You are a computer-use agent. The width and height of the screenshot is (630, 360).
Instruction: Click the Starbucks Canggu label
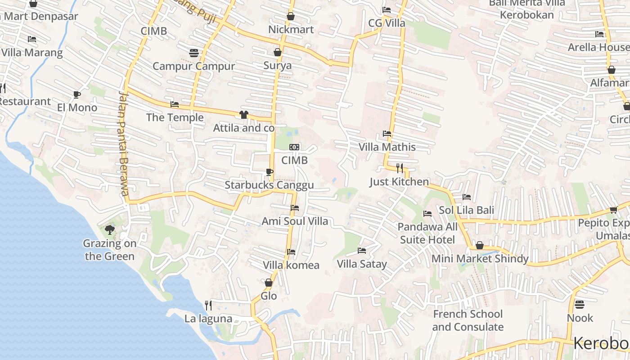[269, 185]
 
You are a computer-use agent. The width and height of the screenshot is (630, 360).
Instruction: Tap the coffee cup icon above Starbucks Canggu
[269, 171]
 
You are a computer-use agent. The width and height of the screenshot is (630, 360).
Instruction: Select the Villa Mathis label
[387, 147]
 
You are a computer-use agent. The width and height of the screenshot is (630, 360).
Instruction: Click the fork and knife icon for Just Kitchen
[400, 168]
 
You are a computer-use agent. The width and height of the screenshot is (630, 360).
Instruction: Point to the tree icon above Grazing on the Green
[109, 230]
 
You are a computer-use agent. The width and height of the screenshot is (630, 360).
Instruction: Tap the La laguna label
[208, 319]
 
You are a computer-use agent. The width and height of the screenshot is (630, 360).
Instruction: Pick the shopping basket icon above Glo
[269, 283]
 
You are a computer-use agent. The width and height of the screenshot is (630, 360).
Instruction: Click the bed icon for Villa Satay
[362, 250]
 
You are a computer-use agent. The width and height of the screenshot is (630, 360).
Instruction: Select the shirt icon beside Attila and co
[244, 114]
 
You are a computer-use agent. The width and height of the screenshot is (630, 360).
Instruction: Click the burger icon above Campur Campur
[194, 53]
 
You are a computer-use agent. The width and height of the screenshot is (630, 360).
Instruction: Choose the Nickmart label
[291, 30]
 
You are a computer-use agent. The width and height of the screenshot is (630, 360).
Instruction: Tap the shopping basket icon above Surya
[278, 52]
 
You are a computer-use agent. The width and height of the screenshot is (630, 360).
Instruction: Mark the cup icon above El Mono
[77, 94]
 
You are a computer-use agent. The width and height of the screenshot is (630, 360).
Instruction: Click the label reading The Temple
[175, 118]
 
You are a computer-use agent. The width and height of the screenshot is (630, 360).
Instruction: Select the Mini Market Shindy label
[480, 259]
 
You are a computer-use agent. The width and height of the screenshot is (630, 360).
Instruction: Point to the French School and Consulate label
[468, 320]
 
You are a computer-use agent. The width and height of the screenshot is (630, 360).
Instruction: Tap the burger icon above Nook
[580, 305]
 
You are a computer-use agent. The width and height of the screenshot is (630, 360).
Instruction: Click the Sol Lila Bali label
[467, 210]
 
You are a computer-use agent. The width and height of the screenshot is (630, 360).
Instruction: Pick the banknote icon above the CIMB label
[294, 147]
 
